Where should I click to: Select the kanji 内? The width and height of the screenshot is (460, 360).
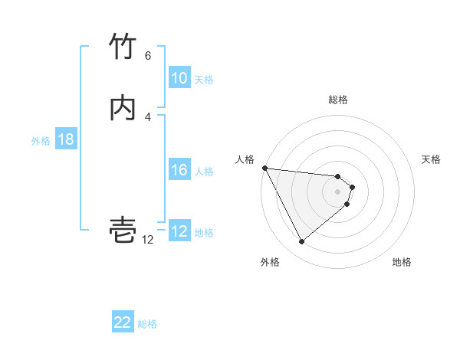click(123, 108)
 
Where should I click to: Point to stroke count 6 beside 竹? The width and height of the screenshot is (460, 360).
click(148, 56)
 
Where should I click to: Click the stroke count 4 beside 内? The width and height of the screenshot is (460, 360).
click(148, 116)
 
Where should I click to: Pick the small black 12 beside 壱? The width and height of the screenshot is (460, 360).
click(148, 240)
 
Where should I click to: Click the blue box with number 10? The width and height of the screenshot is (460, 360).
click(179, 78)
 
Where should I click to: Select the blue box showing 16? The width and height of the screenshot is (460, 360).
click(179, 170)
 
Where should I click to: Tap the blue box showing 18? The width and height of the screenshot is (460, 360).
click(65, 139)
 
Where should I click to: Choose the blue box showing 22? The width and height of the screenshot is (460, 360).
click(123, 323)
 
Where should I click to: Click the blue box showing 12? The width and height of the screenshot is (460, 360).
click(179, 231)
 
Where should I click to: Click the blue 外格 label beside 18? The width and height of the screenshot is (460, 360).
click(41, 141)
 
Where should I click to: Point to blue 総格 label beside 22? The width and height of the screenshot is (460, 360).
click(147, 325)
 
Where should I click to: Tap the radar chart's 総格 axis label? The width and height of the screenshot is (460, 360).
click(338, 100)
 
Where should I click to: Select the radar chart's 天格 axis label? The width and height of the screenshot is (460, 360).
click(432, 159)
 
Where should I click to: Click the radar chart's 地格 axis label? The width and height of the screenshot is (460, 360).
click(402, 263)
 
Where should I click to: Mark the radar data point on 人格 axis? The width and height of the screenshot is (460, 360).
click(264, 168)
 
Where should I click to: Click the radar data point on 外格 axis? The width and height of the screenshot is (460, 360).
click(301, 242)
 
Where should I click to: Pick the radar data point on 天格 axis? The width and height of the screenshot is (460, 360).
click(352, 187)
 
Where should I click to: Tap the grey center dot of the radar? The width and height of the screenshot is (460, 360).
click(338, 191)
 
